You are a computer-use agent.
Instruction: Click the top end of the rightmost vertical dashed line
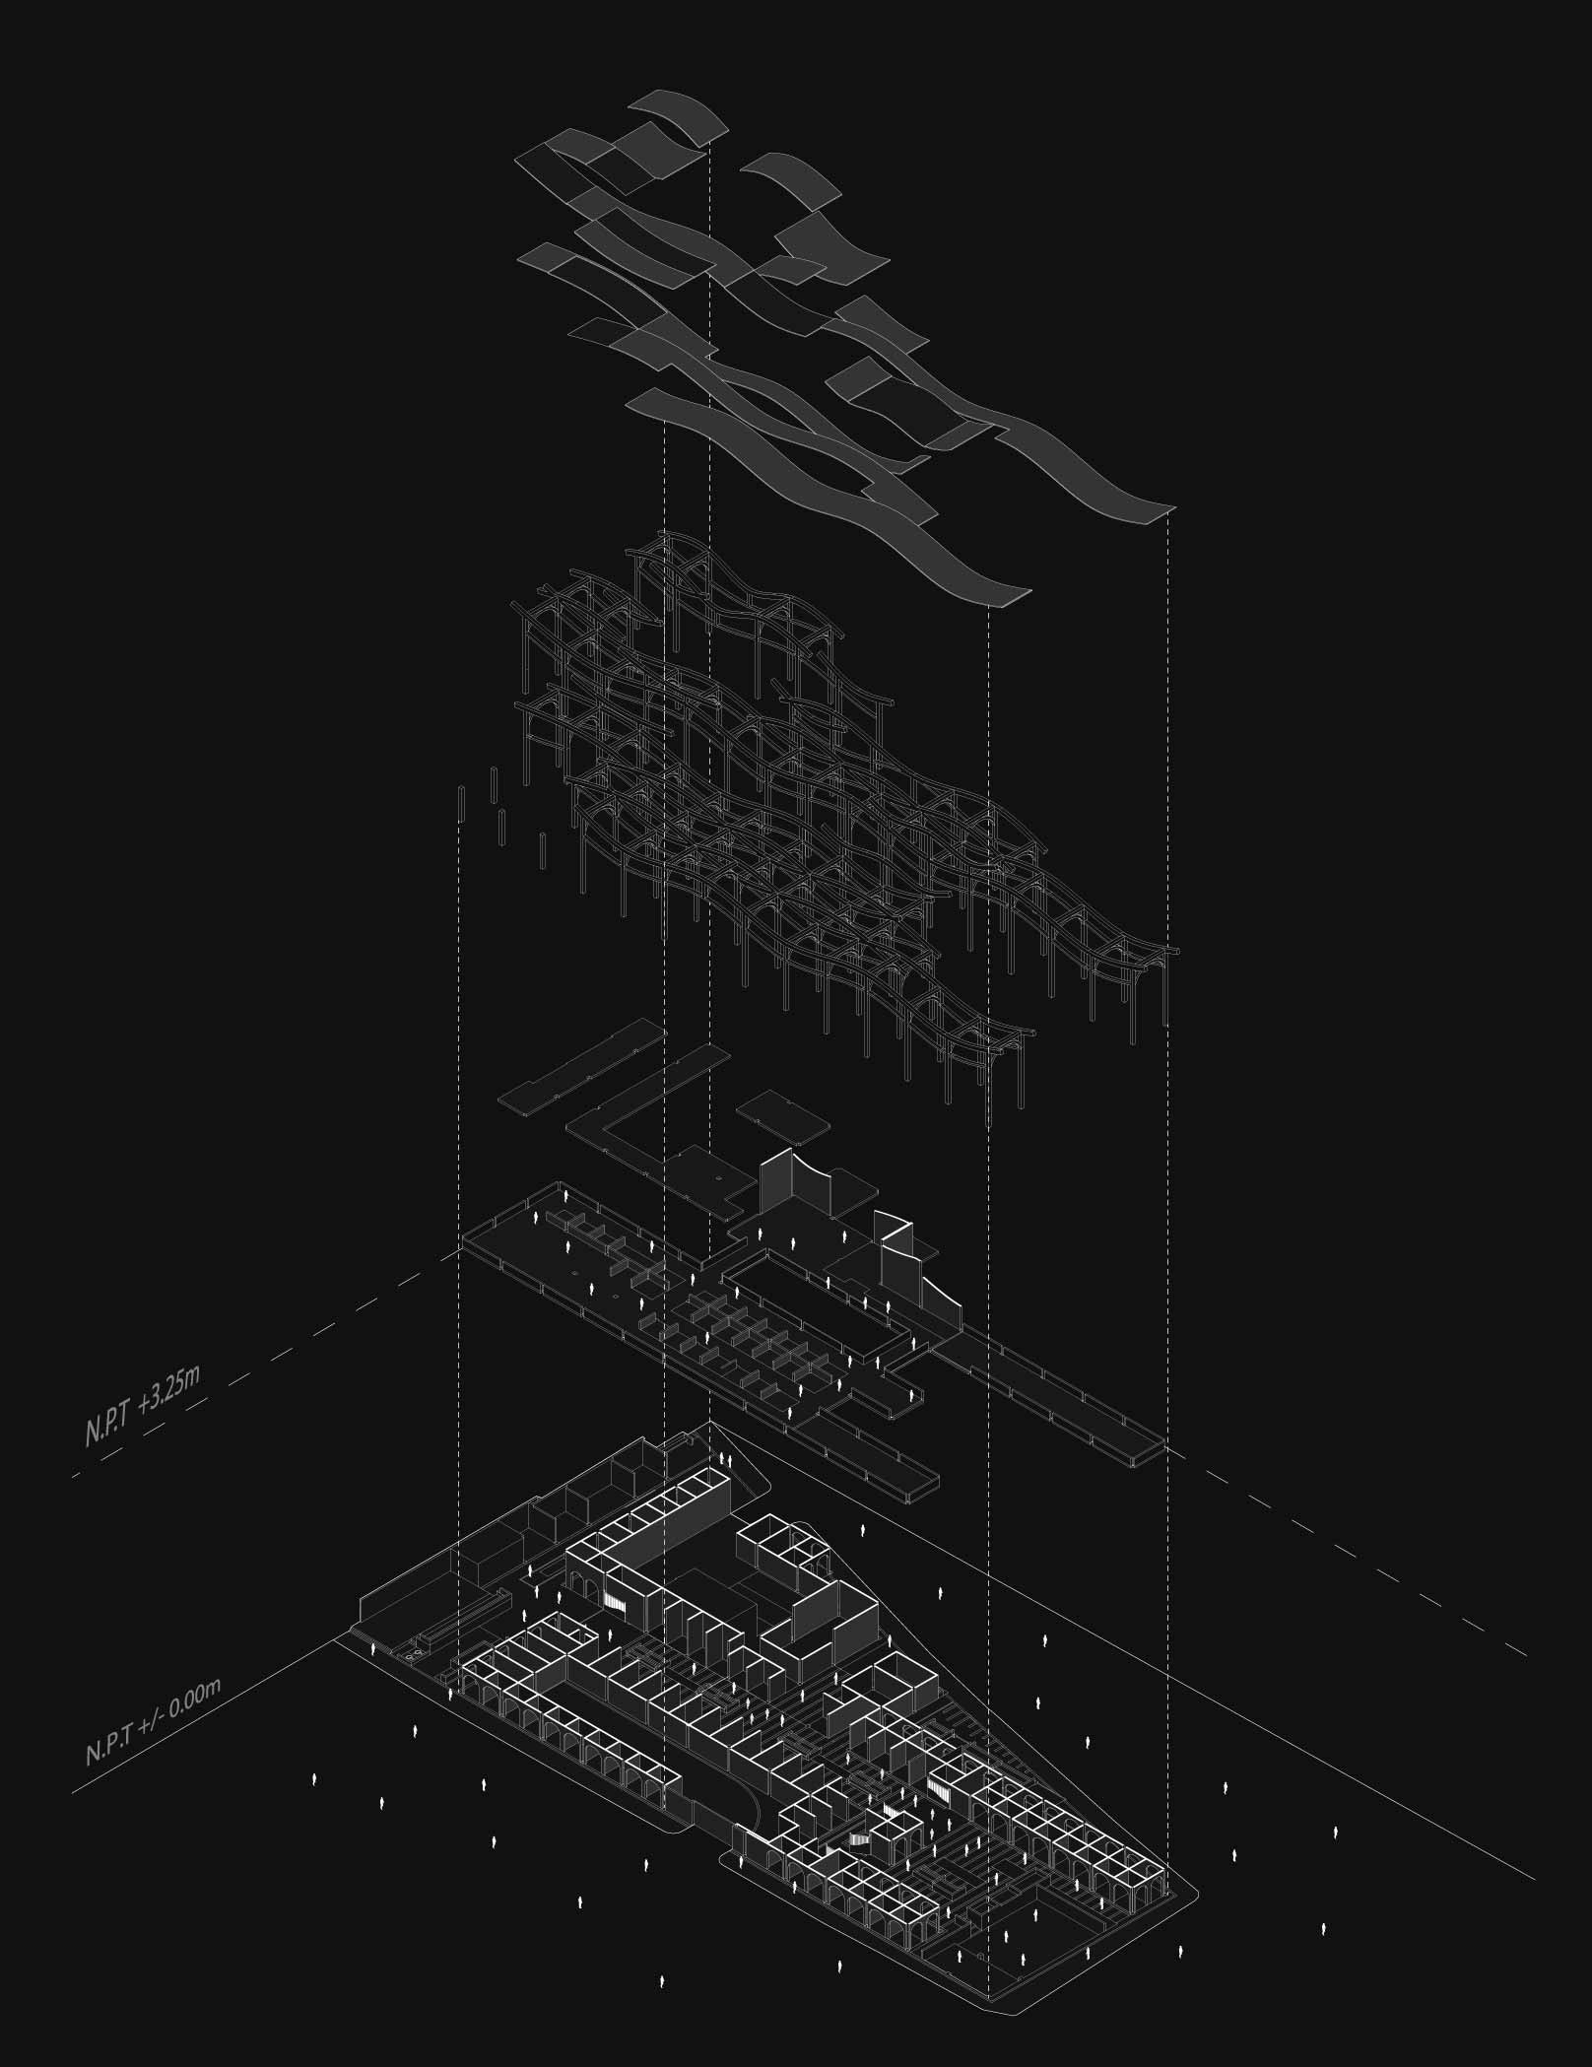pyautogui.click(x=1168, y=513)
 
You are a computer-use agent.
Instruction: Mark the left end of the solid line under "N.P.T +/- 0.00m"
pyautogui.click(x=72, y=1792)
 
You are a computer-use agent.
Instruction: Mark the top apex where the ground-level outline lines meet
pyautogui.click(x=709, y=1423)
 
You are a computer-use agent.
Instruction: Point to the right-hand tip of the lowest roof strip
pyautogui.click(x=1030, y=590)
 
